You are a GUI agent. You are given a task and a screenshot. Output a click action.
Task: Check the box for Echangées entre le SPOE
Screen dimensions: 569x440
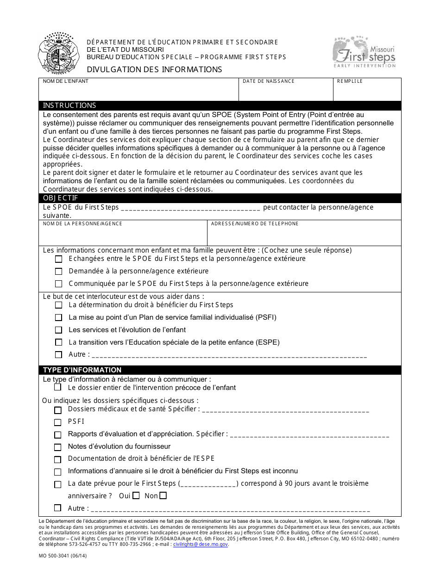click(58, 259)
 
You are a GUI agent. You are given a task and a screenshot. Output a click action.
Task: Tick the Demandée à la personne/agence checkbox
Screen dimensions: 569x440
click(58, 272)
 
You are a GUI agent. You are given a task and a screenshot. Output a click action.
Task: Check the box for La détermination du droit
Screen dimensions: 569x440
click(58, 305)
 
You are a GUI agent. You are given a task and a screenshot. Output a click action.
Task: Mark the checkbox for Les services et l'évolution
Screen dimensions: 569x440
click(58, 330)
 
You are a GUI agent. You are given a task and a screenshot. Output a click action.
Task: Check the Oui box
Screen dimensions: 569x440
click(136, 496)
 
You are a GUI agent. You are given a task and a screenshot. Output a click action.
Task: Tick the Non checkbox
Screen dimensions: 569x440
click(163, 496)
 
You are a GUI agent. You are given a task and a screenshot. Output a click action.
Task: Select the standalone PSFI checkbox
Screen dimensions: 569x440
click(57, 422)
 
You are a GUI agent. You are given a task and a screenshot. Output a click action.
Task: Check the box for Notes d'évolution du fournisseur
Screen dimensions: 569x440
click(57, 447)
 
